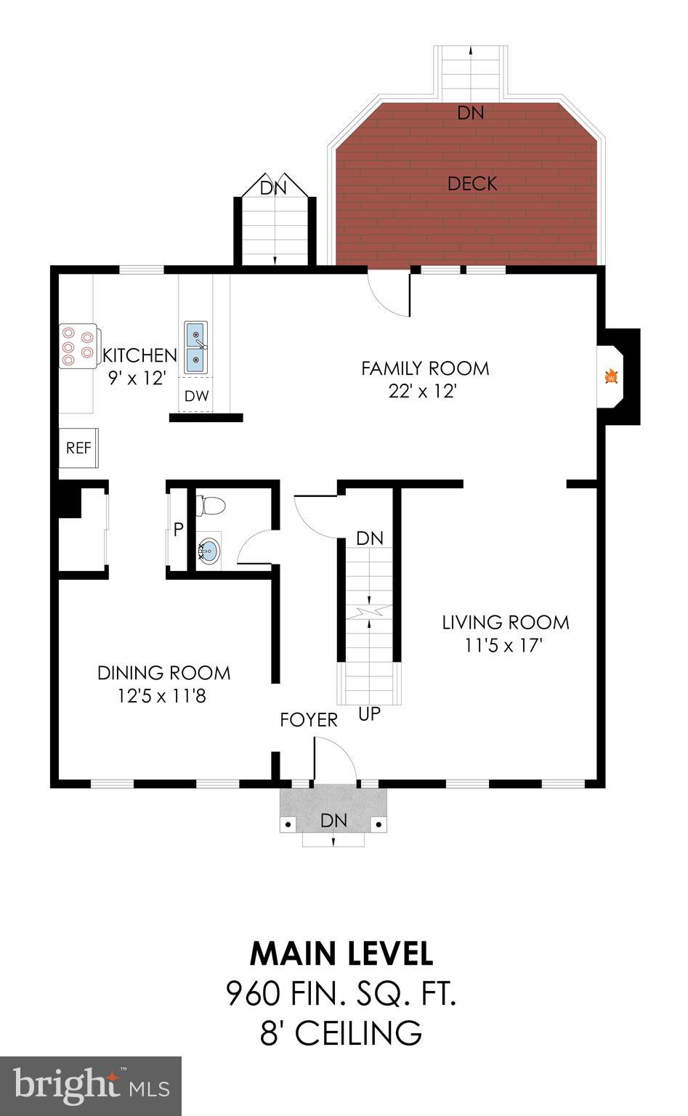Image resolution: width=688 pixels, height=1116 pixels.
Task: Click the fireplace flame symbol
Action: point(612,376)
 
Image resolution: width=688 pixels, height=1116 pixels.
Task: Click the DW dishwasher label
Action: point(196,396)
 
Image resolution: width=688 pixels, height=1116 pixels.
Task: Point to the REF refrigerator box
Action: point(78,448)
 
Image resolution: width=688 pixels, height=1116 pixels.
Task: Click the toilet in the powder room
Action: point(210,505)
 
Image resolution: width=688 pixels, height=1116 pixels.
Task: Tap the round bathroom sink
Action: point(209,551)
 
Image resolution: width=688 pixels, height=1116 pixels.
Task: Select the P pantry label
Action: point(178,530)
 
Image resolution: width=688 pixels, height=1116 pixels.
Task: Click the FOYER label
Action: point(309,719)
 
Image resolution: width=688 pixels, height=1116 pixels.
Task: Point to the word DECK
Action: point(472,184)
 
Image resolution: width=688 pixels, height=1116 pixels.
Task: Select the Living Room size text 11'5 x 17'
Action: point(504,644)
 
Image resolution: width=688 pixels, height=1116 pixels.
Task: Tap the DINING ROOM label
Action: point(163,673)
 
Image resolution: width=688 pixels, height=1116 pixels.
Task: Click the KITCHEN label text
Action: point(139,355)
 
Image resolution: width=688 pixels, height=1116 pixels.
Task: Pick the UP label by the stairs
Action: point(369,714)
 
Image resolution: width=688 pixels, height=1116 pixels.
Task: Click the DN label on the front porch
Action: point(334,820)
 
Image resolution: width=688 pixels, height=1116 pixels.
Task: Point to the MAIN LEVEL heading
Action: point(341,953)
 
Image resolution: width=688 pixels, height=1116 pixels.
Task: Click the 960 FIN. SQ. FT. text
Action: point(341,993)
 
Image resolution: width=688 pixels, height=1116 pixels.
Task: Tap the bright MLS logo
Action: point(91,1085)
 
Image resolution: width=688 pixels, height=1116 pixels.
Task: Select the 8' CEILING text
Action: point(341,1032)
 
